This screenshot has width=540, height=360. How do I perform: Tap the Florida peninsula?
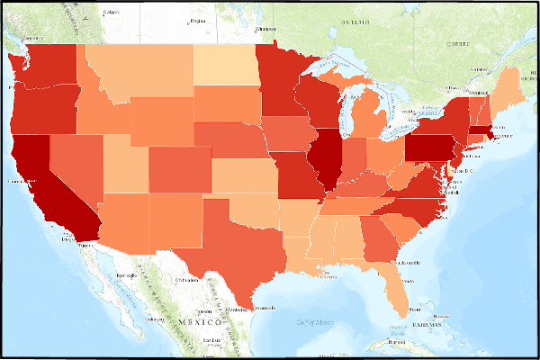pos(394,288)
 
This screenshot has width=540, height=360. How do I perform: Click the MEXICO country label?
pos(199,321)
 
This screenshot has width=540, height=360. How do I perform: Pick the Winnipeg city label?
pos(265,29)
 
